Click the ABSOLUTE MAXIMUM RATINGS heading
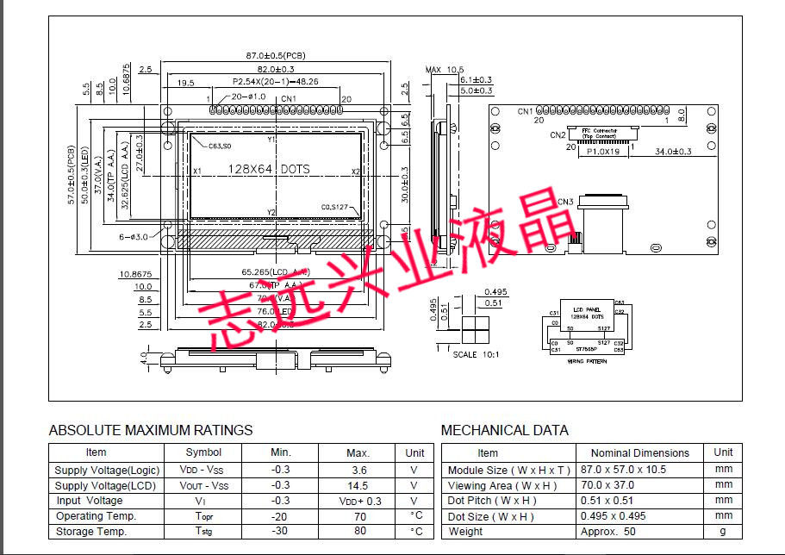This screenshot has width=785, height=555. tap(151, 430)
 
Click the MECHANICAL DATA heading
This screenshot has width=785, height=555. tap(504, 430)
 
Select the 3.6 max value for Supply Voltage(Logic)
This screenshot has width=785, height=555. tap(359, 471)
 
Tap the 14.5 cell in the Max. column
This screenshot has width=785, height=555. tap(359, 485)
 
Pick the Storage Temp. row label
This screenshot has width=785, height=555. tap(91, 532)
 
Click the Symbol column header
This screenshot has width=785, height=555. tap(203, 452)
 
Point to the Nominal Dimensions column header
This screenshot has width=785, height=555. tap(639, 452)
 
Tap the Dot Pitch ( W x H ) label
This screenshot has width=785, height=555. tap(492, 501)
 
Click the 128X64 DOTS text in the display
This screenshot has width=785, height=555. tap(268, 170)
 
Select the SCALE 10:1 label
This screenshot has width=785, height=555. tap(476, 354)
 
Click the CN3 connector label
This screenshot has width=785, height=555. tap(565, 203)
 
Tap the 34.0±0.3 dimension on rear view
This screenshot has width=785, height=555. tap(674, 152)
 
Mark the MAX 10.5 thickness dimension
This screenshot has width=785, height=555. tap(445, 69)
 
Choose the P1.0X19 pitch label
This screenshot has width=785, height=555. tap(603, 152)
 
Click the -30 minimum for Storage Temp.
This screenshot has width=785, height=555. tap(281, 532)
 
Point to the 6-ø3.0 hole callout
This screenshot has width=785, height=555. tap(134, 236)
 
